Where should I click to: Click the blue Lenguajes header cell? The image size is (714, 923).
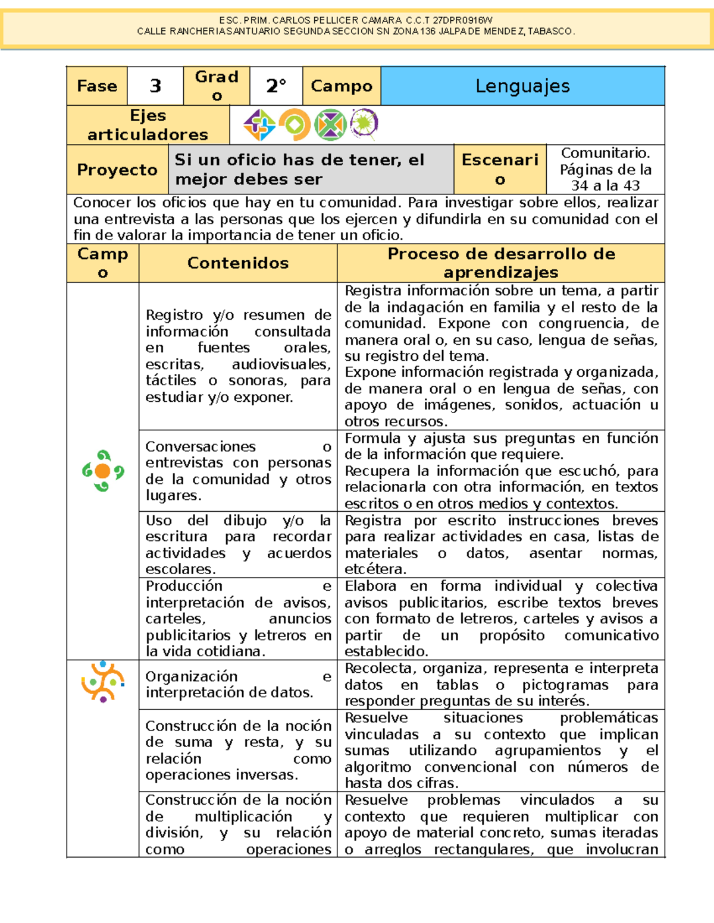coord(522,86)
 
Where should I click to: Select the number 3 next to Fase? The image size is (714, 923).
coord(155,86)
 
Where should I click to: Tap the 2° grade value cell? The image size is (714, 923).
coord(276,86)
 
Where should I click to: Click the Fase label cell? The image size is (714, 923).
coord(97,86)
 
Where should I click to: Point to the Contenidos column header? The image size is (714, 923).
coord(238,263)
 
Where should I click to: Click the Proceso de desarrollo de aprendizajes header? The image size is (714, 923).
coord(501,263)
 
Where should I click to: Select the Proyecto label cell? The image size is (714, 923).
coord(117,170)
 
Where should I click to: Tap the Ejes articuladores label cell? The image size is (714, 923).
coord(148,125)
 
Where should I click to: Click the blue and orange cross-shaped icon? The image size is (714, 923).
coord(259,125)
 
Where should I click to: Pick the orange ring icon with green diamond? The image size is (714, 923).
coord(295,125)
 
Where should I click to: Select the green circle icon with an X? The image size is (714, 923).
coord(330,125)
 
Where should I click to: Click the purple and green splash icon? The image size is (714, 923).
coord(364,124)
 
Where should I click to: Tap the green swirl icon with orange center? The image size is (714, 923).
coord(103,471)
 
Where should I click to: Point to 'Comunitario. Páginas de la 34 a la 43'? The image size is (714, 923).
coord(605,169)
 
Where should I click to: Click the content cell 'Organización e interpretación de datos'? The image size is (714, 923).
coord(238,684)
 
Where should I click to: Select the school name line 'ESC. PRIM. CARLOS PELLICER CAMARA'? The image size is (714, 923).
coord(356,20)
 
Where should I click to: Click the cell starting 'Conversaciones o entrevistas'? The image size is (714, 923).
coord(238,470)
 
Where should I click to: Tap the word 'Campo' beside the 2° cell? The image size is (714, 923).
coord(342,86)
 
